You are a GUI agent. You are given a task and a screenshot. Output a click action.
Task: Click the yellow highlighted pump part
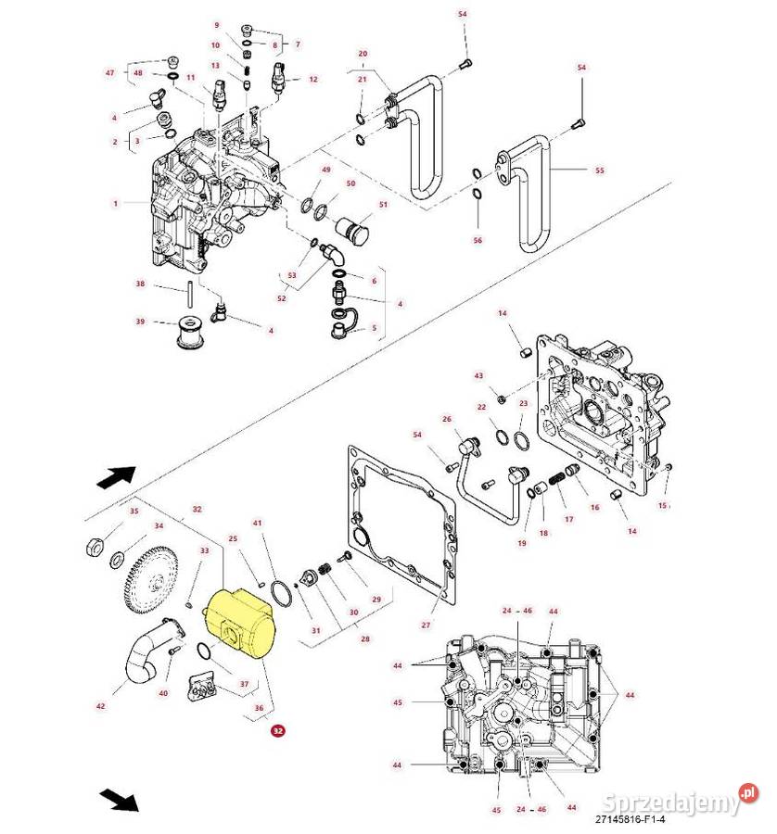(x=239, y=622)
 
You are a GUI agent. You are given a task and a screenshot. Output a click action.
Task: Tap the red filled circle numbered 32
(x=276, y=731)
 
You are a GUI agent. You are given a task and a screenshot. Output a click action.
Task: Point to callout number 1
(x=116, y=203)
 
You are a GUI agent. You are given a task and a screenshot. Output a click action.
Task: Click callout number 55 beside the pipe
(x=598, y=171)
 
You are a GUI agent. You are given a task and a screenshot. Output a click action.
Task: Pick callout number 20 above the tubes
(x=363, y=54)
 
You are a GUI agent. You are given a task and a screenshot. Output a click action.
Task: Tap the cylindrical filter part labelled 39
(x=191, y=335)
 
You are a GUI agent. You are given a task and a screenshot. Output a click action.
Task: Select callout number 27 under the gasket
(x=426, y=625)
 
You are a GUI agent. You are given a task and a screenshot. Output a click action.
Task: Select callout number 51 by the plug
(x=381, y=204)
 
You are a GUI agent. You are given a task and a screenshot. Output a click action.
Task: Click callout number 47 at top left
(x=109, y=72)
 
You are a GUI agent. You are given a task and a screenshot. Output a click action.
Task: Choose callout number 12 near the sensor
(x=312, y=80)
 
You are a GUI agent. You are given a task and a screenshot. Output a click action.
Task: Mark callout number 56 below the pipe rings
(x=478, y=240)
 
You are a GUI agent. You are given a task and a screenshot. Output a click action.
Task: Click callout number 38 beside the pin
(x=141, y=284)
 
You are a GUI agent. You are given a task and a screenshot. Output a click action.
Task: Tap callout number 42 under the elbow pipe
(x=101, y=706)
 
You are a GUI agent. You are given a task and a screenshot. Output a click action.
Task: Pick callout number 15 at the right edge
(x=663, y=505)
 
